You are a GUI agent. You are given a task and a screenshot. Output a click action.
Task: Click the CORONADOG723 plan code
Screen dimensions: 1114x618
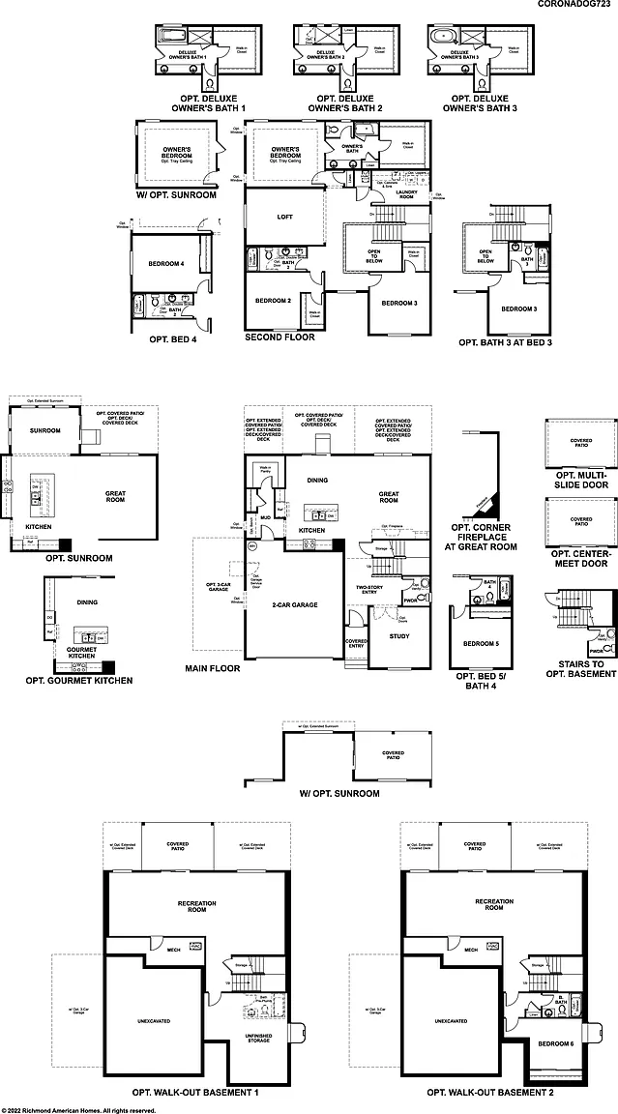coord(576,6)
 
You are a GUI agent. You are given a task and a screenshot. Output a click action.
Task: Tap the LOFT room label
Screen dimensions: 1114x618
coord(284,217)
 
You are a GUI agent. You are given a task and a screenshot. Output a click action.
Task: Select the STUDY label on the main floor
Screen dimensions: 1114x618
coord(399,636)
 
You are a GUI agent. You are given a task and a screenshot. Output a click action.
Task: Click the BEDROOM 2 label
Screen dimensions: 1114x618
coord(273,301)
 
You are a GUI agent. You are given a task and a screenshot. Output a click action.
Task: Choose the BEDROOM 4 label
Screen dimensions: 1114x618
coord(165,264)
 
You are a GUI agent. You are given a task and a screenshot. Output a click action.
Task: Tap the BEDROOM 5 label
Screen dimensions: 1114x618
coord(480,643)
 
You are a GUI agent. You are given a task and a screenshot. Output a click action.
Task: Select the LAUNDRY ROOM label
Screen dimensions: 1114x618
coord(407,194)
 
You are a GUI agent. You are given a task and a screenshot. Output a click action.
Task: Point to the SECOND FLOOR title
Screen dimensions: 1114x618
coord(280,337)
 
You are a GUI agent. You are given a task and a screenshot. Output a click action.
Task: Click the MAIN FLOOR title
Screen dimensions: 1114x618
coord(212,668)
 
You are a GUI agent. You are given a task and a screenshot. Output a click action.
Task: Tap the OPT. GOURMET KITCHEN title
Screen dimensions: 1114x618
coord(78,681)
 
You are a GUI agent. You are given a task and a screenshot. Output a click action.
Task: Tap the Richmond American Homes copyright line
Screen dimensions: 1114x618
coord(79,1110)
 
